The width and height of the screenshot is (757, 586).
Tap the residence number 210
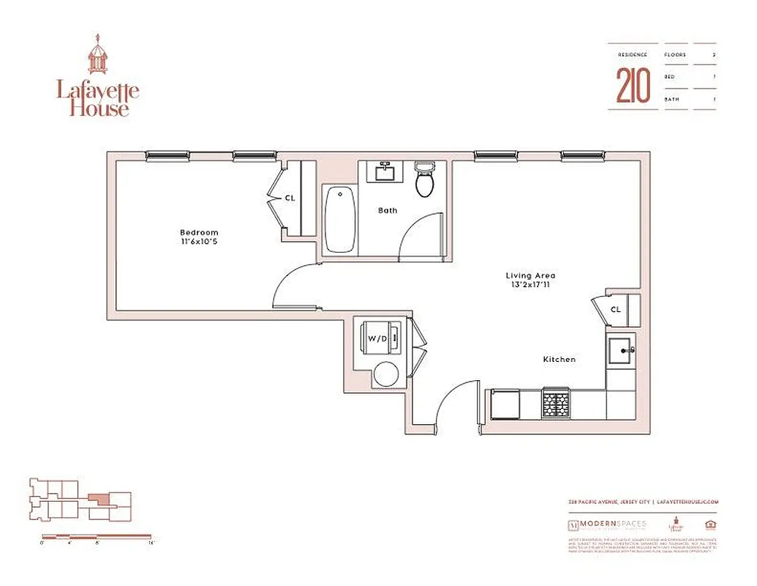[x=633, y=86]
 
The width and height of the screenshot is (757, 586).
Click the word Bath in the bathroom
[x=388, y=210]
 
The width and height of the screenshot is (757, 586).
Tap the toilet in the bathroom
[x=425, y=179]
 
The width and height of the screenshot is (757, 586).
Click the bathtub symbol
[x=339, y=219]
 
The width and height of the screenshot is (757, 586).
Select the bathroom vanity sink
[x=385, y=173]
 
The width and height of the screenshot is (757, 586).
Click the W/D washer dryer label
[x=377, y=338]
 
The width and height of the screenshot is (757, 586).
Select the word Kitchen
[x=559, y=360]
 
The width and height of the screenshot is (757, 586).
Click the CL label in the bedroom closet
[x=290, y=198]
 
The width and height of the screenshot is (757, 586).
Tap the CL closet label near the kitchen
[x=616, y=309]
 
